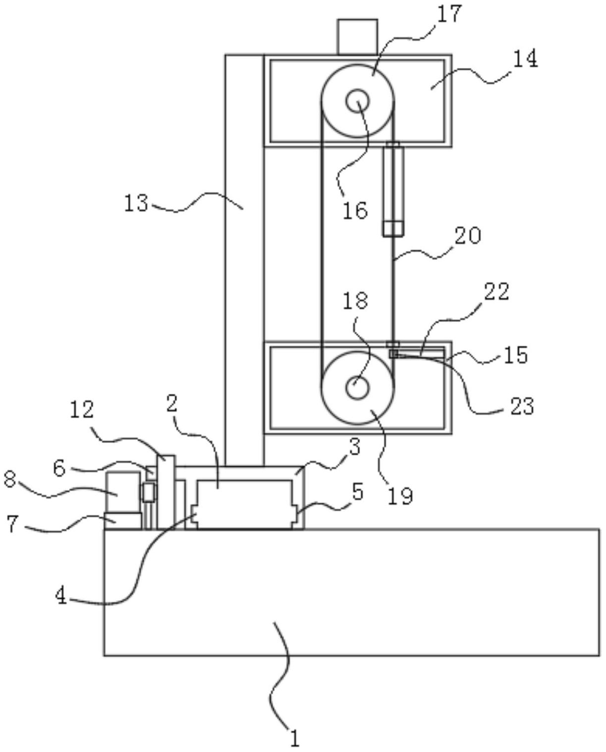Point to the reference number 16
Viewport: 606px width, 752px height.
[355, 210]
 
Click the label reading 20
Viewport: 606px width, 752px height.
[468, 236]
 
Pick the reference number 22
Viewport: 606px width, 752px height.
[497, 292]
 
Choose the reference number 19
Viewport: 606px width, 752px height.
[401, 496]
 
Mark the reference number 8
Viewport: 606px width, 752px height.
[9, 481]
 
